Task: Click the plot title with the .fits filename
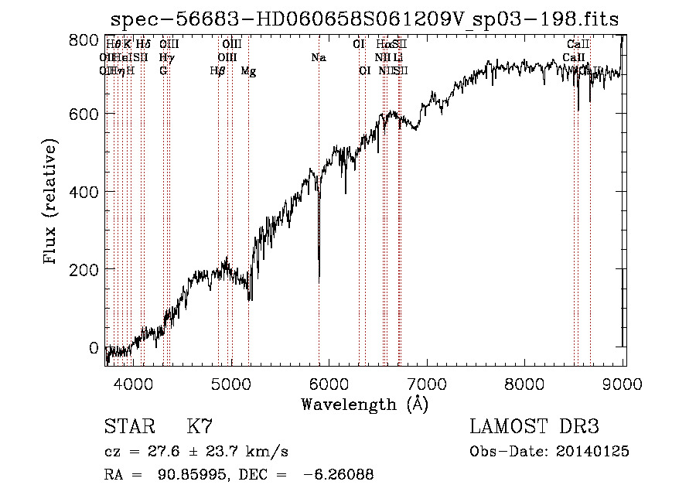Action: click(365, 19)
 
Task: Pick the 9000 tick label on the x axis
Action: click(623, 384)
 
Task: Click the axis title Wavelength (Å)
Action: click(364, 404)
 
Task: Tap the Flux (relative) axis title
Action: click(51, 202)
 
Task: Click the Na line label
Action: click(318, 57)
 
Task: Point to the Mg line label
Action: click(248, 70)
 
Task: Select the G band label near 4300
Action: click(163, 70)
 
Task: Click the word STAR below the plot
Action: click(129, 427)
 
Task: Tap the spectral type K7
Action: click(200, 427)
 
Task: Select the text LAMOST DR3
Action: click(534, 427)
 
